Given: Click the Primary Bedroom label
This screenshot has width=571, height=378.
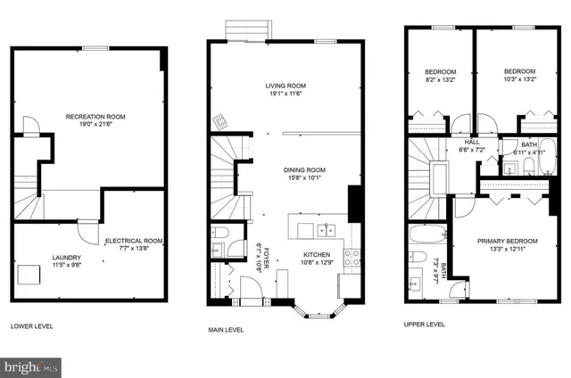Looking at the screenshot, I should pyautogui.click(x=506, y=241).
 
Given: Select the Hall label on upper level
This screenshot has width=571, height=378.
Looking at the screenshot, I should pyautogui.click(x=472, y=142).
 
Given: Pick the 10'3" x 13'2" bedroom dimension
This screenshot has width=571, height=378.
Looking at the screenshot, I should pyautogui.click(x=518, y=78).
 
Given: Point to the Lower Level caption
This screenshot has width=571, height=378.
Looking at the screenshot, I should pyautogui.click(x=32, y=325).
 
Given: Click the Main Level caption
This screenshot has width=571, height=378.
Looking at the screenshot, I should pyautogui.click(x=227, y=329).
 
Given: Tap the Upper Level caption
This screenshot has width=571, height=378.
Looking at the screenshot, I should pyautogui.click(x=425, y=325).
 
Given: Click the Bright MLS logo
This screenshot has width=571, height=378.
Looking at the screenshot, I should pyautogui.click(x=32, y=366).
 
